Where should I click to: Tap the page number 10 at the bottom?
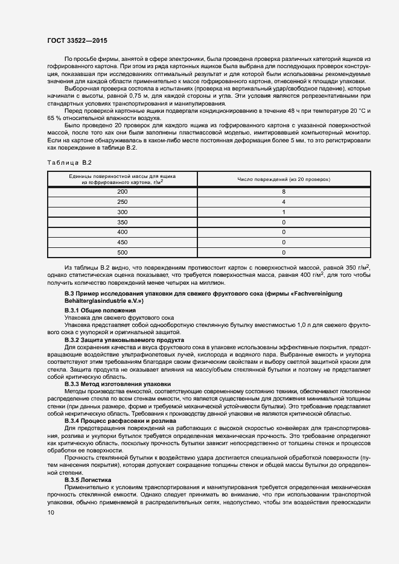51,512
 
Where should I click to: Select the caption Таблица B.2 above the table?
68,163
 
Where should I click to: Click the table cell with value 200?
123,191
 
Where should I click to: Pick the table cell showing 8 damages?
283,191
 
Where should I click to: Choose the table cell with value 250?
123,201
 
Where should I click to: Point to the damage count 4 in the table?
283,201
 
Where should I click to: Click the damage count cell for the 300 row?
283,212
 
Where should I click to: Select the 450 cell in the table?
123,242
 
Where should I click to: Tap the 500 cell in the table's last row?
123,253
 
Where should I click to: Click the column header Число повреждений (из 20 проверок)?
283,179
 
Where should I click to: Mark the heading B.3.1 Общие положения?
92,310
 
